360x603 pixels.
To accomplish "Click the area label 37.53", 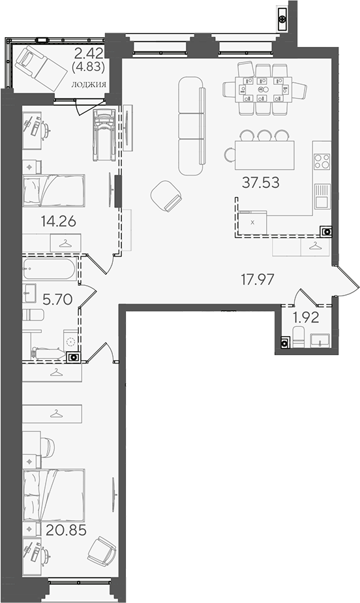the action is [x=260, y=183].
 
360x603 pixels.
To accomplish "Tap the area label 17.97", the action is [x=258, y=279].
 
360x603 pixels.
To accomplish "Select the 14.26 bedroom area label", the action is [x=58, y=221].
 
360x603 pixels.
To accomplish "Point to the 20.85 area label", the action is [x=66, y=531].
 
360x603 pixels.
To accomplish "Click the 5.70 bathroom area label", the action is [x=57, y=299].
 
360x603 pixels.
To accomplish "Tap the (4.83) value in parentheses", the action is [x=88, y=67].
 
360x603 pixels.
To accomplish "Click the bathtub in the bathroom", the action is [x=50, y=269].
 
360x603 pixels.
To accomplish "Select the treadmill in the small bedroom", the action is [x=104, y=135].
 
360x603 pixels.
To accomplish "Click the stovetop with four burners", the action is [x=322, y=162].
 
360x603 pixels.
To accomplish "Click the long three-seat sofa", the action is [x=191, y=126].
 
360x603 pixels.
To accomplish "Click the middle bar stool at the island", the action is [x=264, y=135].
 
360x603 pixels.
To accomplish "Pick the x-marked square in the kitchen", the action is [x=252, y=223].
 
